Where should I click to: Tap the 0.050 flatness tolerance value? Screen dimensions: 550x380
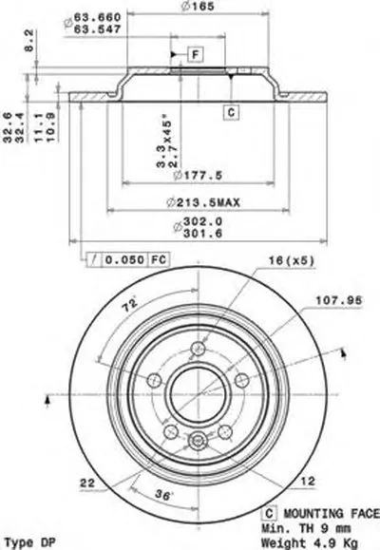[123, 259]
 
